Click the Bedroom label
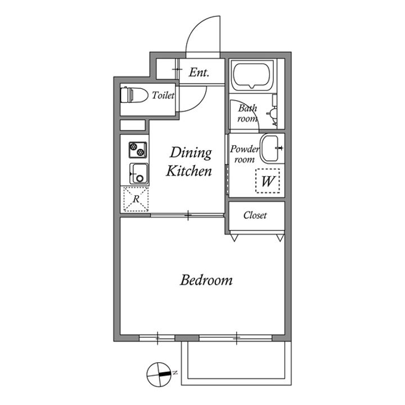(206, 280)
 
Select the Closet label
(255, 215)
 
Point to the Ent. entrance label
(199, 72)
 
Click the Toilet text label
(163, 96)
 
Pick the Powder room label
(244, 154)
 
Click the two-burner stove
(137, 149)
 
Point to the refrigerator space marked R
(136, 199)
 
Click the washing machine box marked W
(268, 182)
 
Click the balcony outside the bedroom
(236, 360)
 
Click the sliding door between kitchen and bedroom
(188, 214)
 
